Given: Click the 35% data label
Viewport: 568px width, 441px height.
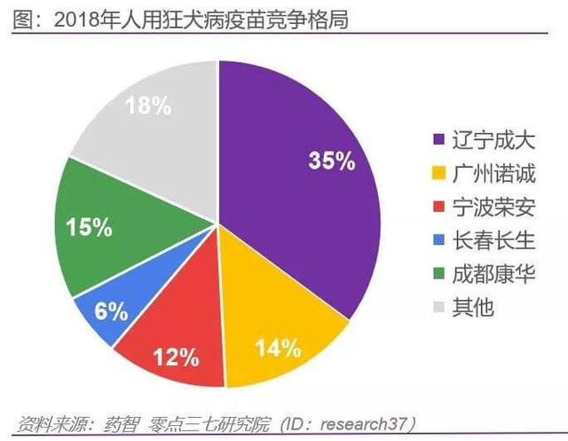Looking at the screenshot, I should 331,161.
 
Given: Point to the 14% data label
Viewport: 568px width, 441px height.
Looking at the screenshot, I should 277,349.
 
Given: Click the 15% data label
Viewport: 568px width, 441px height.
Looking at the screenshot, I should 89,227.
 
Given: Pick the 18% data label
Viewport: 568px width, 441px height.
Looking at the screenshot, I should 148,106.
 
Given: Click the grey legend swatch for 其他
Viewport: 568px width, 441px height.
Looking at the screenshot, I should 437,309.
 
